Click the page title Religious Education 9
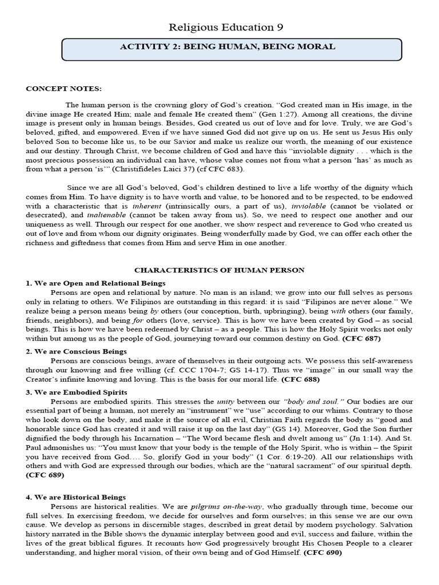pyautogui.click(x=226, y=27)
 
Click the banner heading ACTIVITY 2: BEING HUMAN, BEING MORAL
pyautogui.click(x=228, y=47)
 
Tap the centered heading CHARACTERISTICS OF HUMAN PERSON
pyautogui.click(x=219, y=270)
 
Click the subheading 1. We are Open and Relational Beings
pyautogui.click(x=96, y=283)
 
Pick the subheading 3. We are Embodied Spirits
pyautogui.click(x=77, y=392)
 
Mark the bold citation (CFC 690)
pyautogui.click(x=323, y=554)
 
